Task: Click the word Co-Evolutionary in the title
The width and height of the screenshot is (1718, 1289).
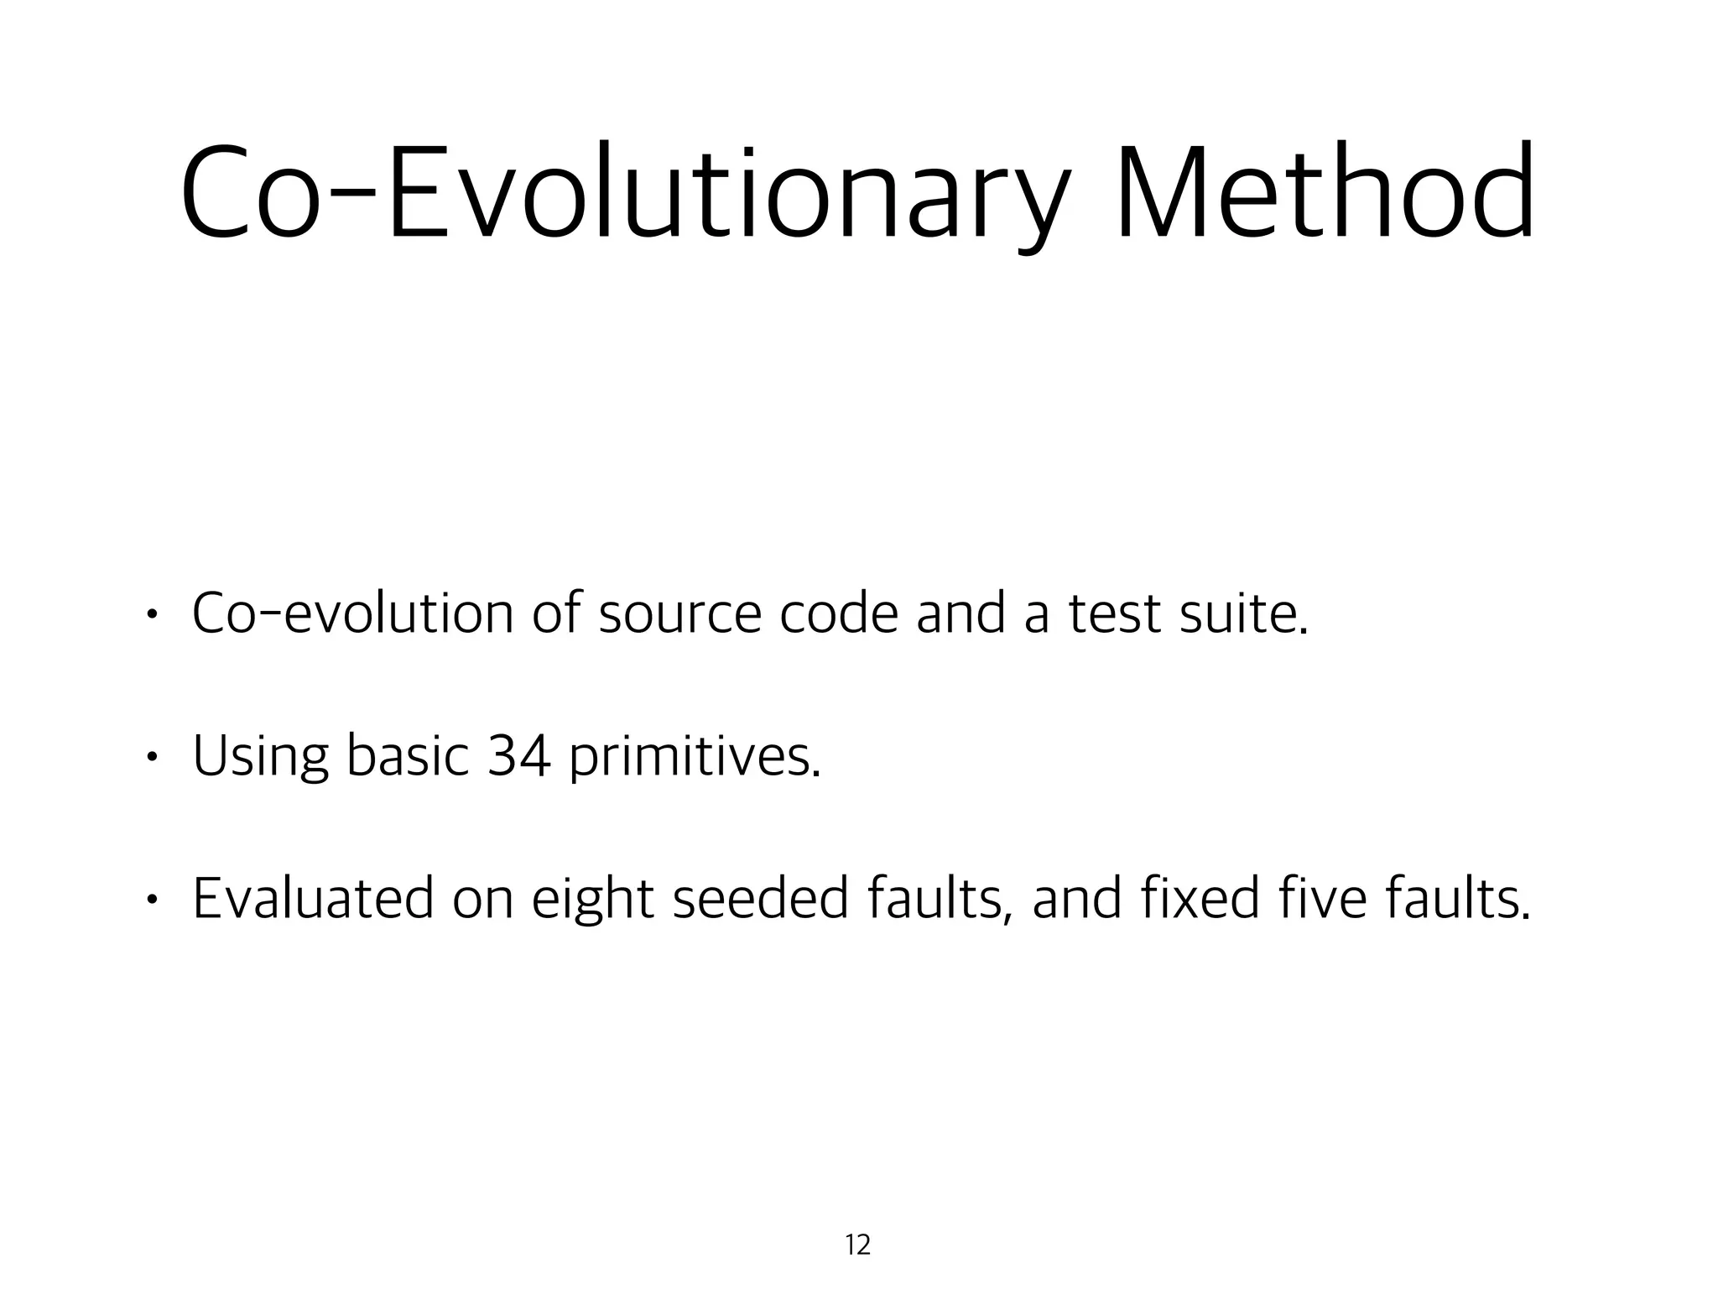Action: (x=625, y=195)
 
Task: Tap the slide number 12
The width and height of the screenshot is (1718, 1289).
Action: (x=858, y=1245)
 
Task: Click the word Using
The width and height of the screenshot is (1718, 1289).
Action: (x=260, y=755)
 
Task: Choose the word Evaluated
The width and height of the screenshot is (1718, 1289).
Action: (x=313, y=898)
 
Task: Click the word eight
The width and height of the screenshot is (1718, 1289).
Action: (x=592, y=900)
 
